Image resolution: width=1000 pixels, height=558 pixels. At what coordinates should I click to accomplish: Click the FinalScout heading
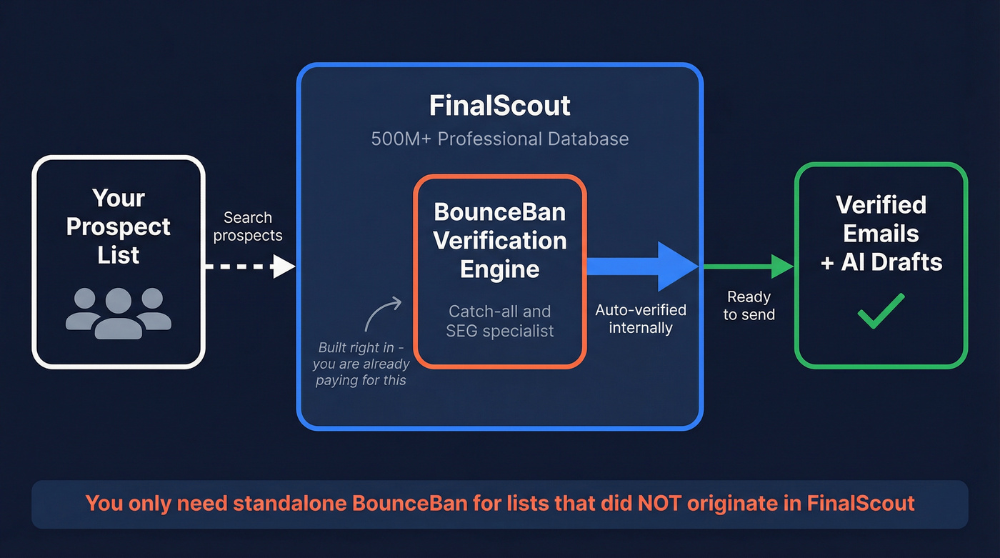coord(499,106)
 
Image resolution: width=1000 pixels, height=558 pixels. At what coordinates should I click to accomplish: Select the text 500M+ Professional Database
coord(499,138)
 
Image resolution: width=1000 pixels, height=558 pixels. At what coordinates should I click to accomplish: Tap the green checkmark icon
coord(881,311)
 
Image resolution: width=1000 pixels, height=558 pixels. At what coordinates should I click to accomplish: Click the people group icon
coord(119,313)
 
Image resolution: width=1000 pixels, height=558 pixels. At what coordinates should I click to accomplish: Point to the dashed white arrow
coord(250,267)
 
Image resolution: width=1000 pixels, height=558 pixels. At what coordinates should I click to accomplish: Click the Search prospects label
coord(248,226)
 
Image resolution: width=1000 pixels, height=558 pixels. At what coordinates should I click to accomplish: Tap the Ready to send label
coord(749,305)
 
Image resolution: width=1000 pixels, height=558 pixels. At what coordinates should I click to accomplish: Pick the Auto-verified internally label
coord(641,319)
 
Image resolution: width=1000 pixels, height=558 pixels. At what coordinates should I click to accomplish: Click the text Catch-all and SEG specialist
coord(499,321)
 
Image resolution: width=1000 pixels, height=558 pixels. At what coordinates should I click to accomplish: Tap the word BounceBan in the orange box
coord(499,212)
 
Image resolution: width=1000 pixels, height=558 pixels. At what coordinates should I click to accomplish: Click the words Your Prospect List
coord(119,226)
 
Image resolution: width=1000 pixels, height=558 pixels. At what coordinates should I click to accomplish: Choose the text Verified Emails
coord(881,219)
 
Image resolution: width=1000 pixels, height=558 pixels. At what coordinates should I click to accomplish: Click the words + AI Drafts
coord(881,261)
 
